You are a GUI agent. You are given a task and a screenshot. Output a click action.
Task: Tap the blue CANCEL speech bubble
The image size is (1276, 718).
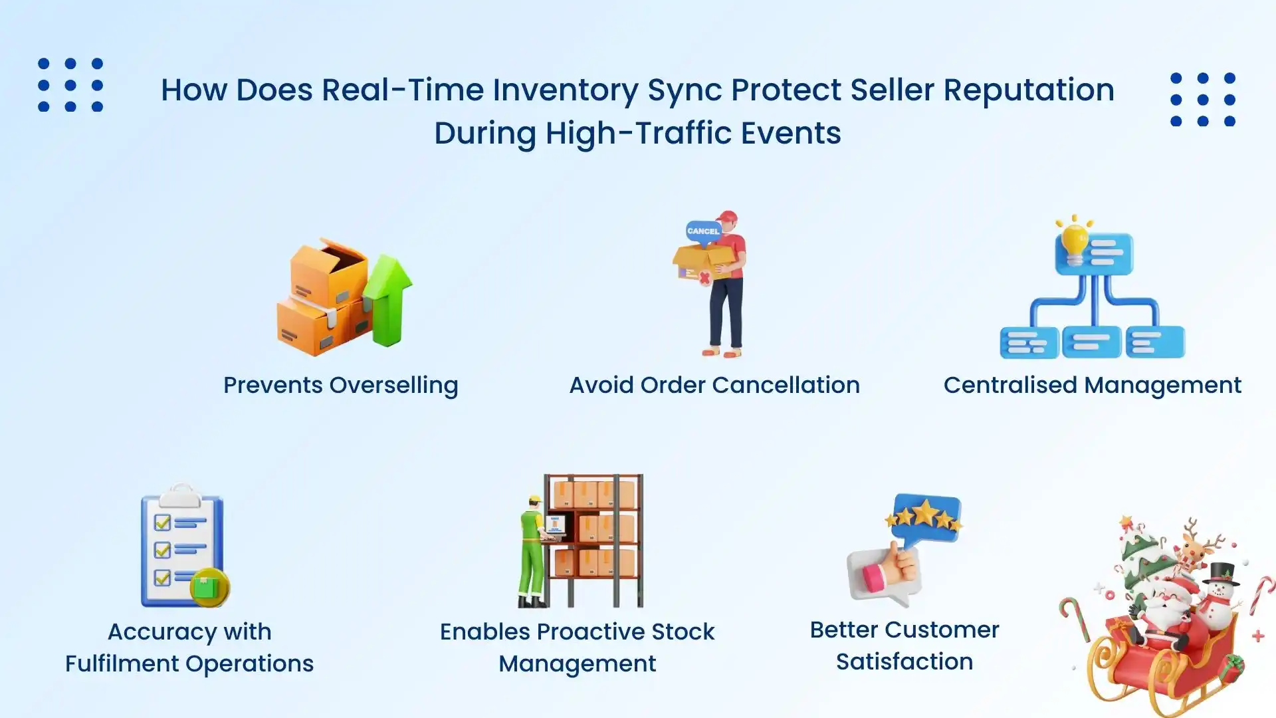click(703, 231)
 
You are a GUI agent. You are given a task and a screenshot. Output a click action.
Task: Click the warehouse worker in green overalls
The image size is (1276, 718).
click(532, 552)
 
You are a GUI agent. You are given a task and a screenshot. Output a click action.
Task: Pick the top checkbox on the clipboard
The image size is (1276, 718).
click(162, 523)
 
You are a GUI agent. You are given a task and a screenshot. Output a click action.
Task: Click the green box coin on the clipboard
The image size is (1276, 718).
click(209, 588)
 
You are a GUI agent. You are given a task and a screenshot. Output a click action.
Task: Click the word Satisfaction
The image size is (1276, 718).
click(904, 662)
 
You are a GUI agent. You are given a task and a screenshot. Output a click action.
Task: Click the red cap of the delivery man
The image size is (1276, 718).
click(728, 217)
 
